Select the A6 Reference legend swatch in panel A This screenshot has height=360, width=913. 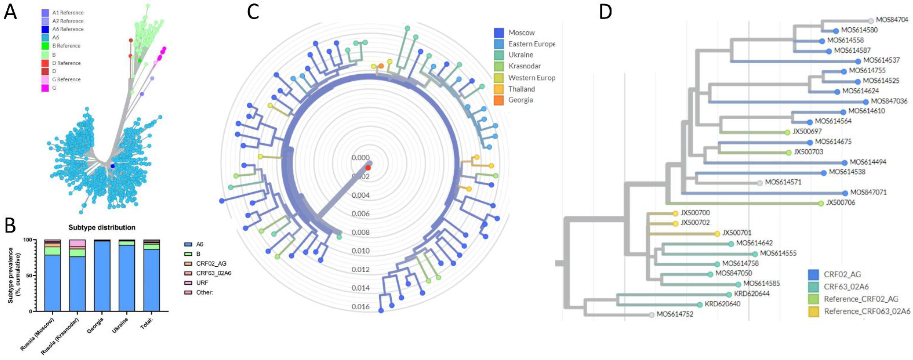click(x=45, y=29)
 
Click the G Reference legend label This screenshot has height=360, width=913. click(x=66, y=79)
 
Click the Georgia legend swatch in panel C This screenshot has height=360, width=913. click(x=499, y=100)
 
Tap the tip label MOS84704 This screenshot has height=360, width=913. click(x=892, y=20)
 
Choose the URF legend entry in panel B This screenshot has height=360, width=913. click(x=202, y=283)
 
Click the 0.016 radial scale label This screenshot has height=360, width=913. click(x=360, y=306)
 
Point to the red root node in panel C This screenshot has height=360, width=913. click(x=368, y=168)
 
